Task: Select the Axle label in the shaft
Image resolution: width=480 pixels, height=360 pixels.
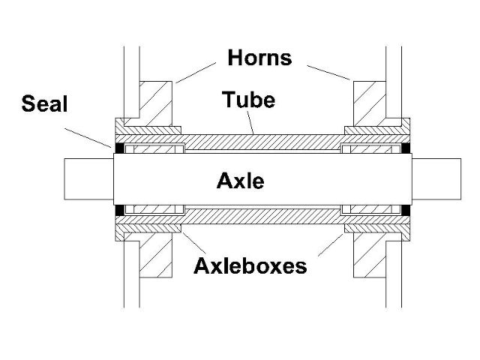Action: (x=240, y=180)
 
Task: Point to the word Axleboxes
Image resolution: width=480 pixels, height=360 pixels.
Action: (x=249, y=265)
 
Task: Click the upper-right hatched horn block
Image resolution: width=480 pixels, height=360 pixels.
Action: (x=370, y=100)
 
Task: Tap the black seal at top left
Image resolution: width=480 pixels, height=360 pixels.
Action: (x=118, y=148)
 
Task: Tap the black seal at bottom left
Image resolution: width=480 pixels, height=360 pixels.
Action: (x=118, y=212)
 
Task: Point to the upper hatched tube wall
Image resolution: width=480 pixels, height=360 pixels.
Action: (x=262, y=140)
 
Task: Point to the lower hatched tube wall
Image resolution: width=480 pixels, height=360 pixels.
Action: (x=262, y=220)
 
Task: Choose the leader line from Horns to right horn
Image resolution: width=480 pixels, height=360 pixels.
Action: (x=328, y=70)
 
